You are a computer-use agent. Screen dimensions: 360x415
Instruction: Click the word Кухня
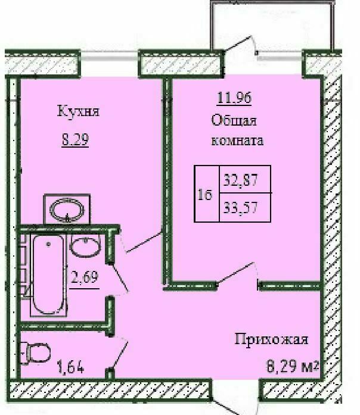[x=78, y=111]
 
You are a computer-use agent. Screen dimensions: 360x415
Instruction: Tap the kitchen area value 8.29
[x=75, y=139]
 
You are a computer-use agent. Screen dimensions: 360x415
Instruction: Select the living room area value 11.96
[x=234, y=98]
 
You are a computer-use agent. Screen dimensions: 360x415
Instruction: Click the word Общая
[x=234, y=120]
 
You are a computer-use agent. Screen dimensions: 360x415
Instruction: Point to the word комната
[x=237, y=141]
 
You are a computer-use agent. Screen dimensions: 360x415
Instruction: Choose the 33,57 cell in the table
[x=241, y=207]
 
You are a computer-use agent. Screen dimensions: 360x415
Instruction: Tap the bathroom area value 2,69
[x=85, y=277]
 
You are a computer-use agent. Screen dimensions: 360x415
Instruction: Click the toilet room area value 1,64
[x=70, y=367]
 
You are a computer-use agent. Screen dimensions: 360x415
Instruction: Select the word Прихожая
[x=272, y=340]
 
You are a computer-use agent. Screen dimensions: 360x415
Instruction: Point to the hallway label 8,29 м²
[x=292, y=367]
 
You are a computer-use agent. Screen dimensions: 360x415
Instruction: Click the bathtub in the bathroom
[x=48, y=274]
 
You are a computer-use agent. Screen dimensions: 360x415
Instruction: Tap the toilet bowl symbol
[x=36, y=353]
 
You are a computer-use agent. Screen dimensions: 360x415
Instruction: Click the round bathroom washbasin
[x=85, y=246]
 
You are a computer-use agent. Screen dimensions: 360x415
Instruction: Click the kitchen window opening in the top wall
[x=110, y=64]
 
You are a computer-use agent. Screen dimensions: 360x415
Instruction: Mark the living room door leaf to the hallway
[x=236, y=274]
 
